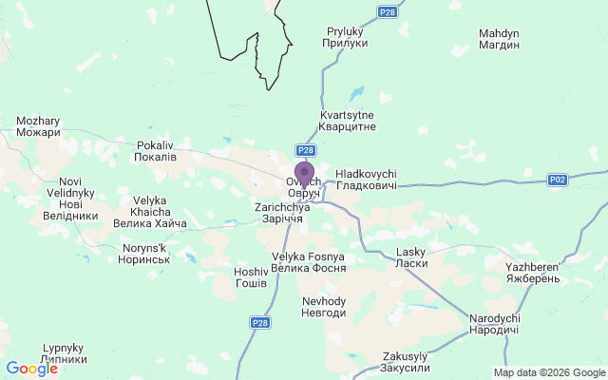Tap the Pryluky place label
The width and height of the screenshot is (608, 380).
coord(346,37)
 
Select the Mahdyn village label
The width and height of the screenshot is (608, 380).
coord(500,39)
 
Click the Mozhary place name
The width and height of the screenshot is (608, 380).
coord(38,126)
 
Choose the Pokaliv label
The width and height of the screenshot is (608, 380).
coord(156,150)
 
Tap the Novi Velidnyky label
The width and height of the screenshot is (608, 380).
coord(70,198)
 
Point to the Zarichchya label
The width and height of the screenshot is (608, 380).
coord(278,213)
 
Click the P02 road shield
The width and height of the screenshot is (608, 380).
coord(558,180)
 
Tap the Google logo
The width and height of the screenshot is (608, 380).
coord(31,369)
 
